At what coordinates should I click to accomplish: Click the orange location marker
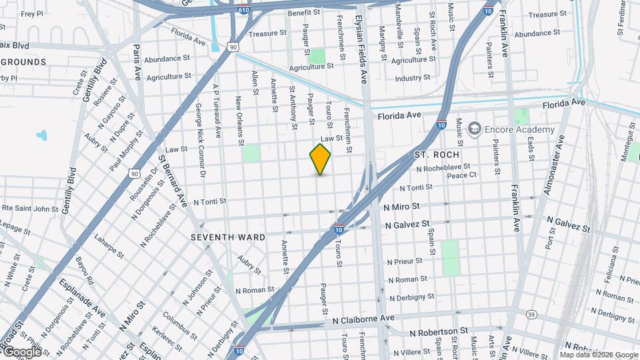[x=320, y=159]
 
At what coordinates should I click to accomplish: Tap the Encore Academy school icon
[x=475, y=129]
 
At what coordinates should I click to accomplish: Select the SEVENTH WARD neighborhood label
[x=228, y=237]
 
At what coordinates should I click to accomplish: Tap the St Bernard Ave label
[x=173, y=181]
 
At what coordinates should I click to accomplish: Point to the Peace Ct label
[x=461, y=175]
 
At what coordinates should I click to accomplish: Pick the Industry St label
[x=413, y=78]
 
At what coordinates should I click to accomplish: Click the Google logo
[x=22, y=351]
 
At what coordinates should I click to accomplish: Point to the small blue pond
[x=42, y=135]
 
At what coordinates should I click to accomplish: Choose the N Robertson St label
[x=439, y=331]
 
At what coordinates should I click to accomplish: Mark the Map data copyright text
[x=599, y=355]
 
